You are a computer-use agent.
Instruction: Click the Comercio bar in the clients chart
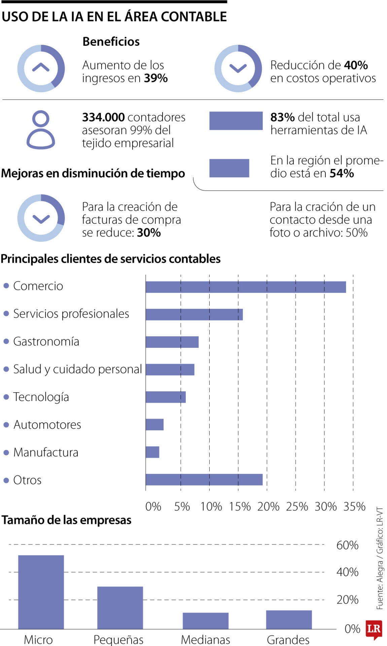coord(246,287)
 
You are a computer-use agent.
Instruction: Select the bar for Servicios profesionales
coord(194,315)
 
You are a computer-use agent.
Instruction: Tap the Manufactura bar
coord(152,452)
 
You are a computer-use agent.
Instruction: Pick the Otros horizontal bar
coord(204,480)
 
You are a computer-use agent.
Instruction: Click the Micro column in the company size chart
coord(41,592)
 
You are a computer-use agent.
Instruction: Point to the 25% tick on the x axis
coord(297,507)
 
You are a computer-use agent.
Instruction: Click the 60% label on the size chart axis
coord(347,545)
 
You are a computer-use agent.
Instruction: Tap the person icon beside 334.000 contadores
coord(41,130)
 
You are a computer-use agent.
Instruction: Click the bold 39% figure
coord(156,78)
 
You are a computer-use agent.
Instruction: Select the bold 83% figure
coord(282,117)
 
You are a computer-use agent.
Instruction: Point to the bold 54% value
coord(341,174)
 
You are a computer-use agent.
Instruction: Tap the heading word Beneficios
coord(111,42)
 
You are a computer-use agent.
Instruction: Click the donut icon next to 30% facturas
coord(41,218)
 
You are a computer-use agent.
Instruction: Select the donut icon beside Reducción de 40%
coord(238,69)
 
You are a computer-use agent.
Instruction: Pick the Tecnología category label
coord(41,397)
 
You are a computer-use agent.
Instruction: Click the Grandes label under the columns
coord(288,639)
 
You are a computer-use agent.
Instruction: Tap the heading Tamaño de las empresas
coord(66,520)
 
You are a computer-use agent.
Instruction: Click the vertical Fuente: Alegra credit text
coord(380,559)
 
